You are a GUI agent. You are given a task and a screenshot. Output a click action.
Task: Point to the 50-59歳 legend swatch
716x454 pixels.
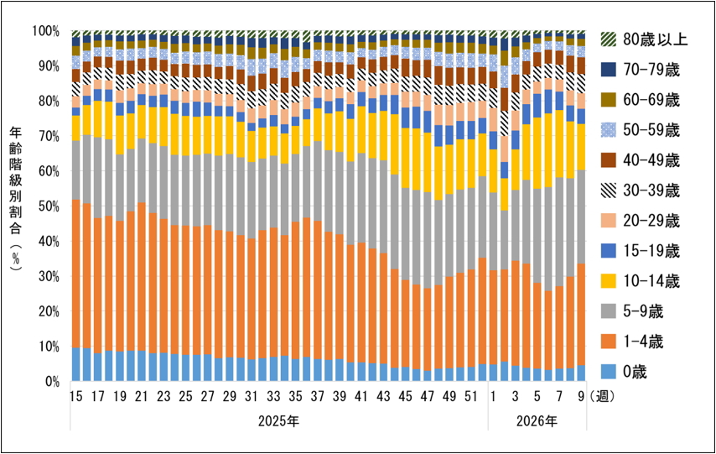[610, 129]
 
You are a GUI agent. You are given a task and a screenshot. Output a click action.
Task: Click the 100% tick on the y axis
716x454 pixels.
[45, 31]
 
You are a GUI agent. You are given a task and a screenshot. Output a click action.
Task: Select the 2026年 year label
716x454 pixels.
[537, 420]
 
